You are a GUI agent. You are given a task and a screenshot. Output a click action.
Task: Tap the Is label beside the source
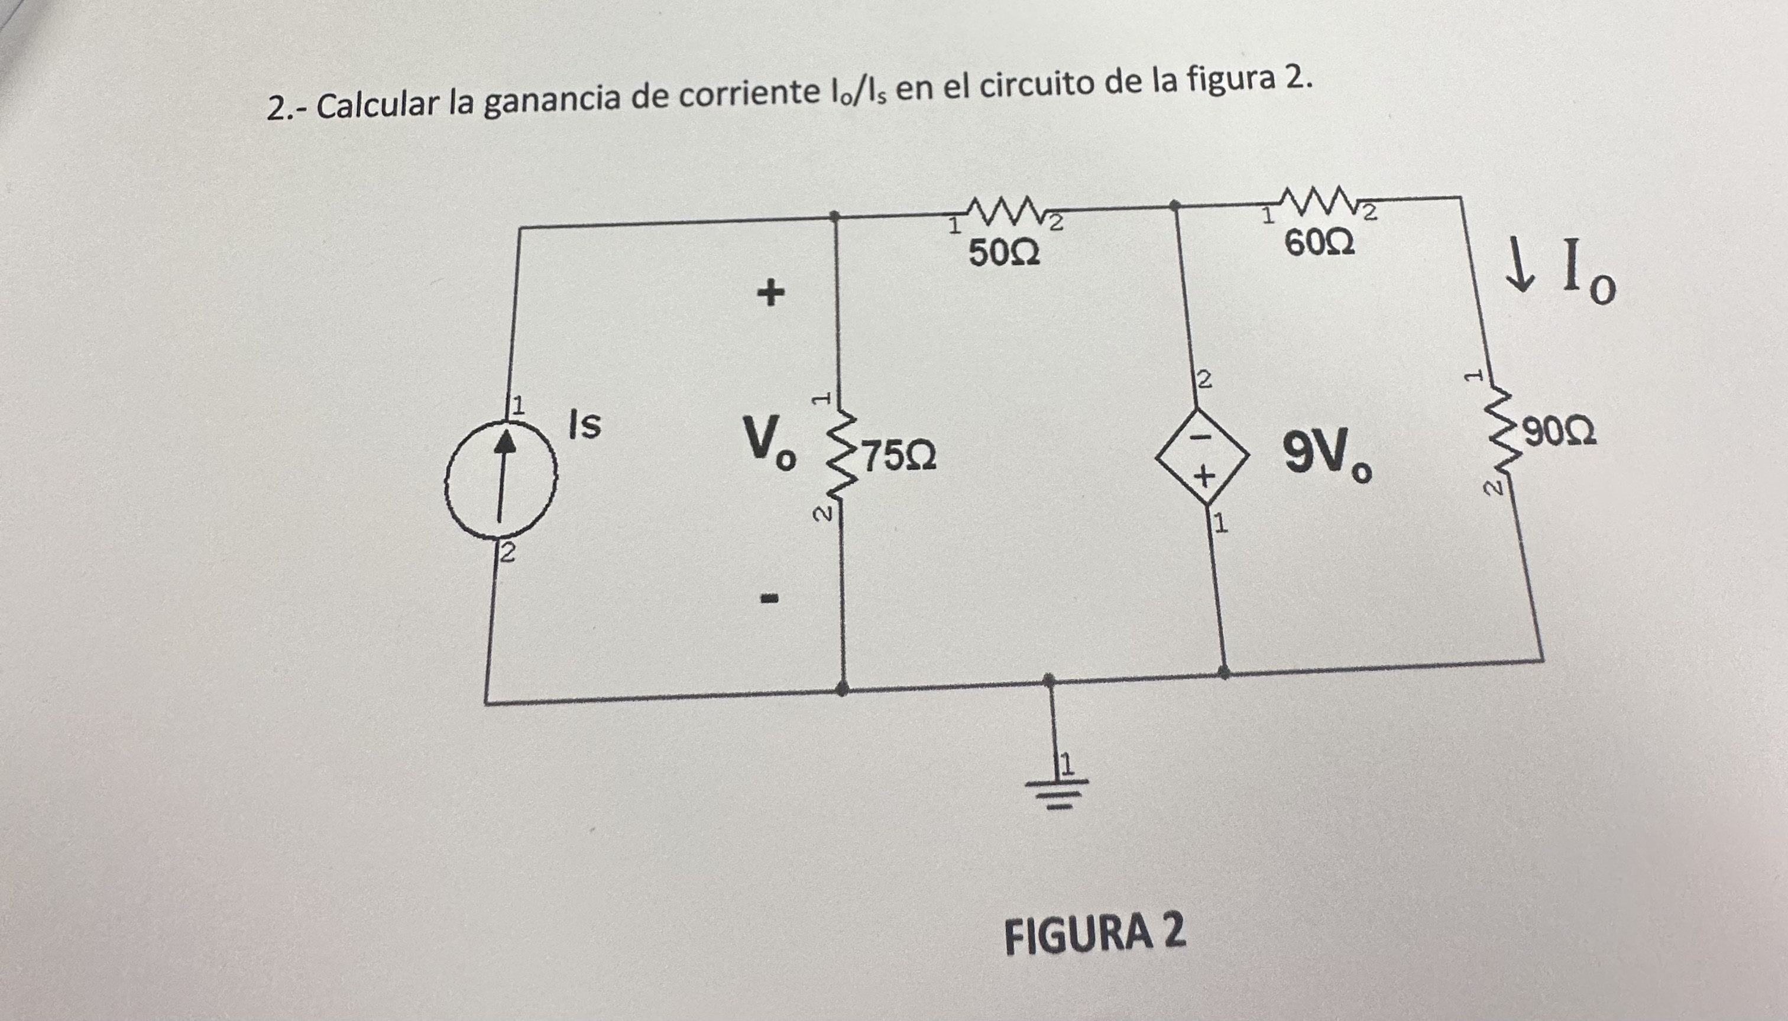pyautogui.click(x=585, y=425)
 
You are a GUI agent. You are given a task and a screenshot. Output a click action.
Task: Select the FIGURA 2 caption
pyautogui.click(x=1095, y=934)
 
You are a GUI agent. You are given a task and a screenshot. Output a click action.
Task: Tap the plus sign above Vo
pyautogui.click(x=770, y=293)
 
